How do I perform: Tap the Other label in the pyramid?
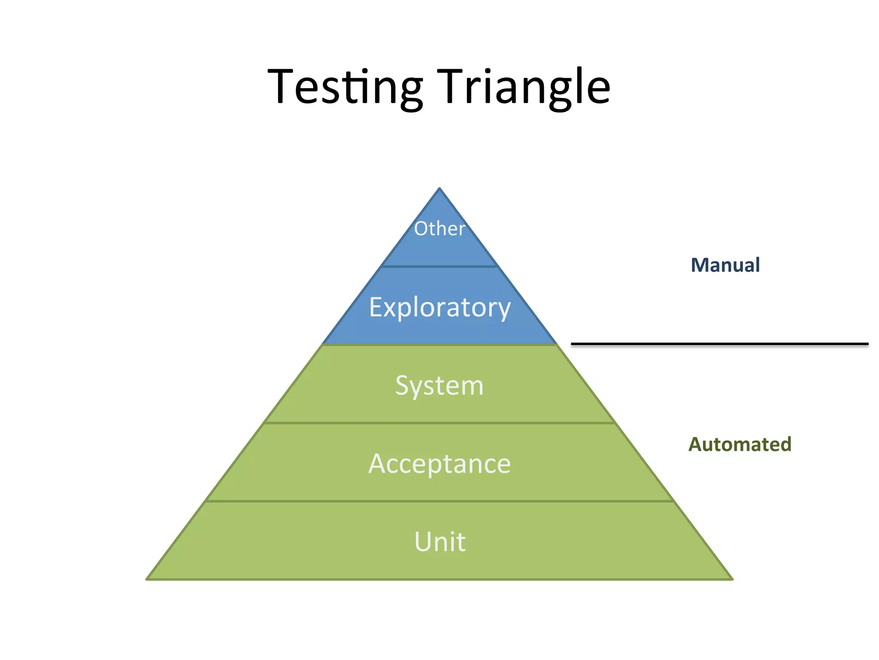[439, 229]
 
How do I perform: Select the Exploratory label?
[440, 308]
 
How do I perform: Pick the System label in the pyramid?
[439, 385]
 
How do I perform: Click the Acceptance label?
[439, 464]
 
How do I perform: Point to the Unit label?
[439, 541]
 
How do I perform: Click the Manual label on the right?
[725, 265]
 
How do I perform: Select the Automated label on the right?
[740, 444]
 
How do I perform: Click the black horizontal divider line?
[719, 344]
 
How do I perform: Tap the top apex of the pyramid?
[439, 189]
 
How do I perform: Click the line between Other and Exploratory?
[439, 266]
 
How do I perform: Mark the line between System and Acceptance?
[439, 423]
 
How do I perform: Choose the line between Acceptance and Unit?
[439, 501]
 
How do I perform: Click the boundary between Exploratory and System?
[439, 345]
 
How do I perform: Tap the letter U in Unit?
[423, 541]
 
